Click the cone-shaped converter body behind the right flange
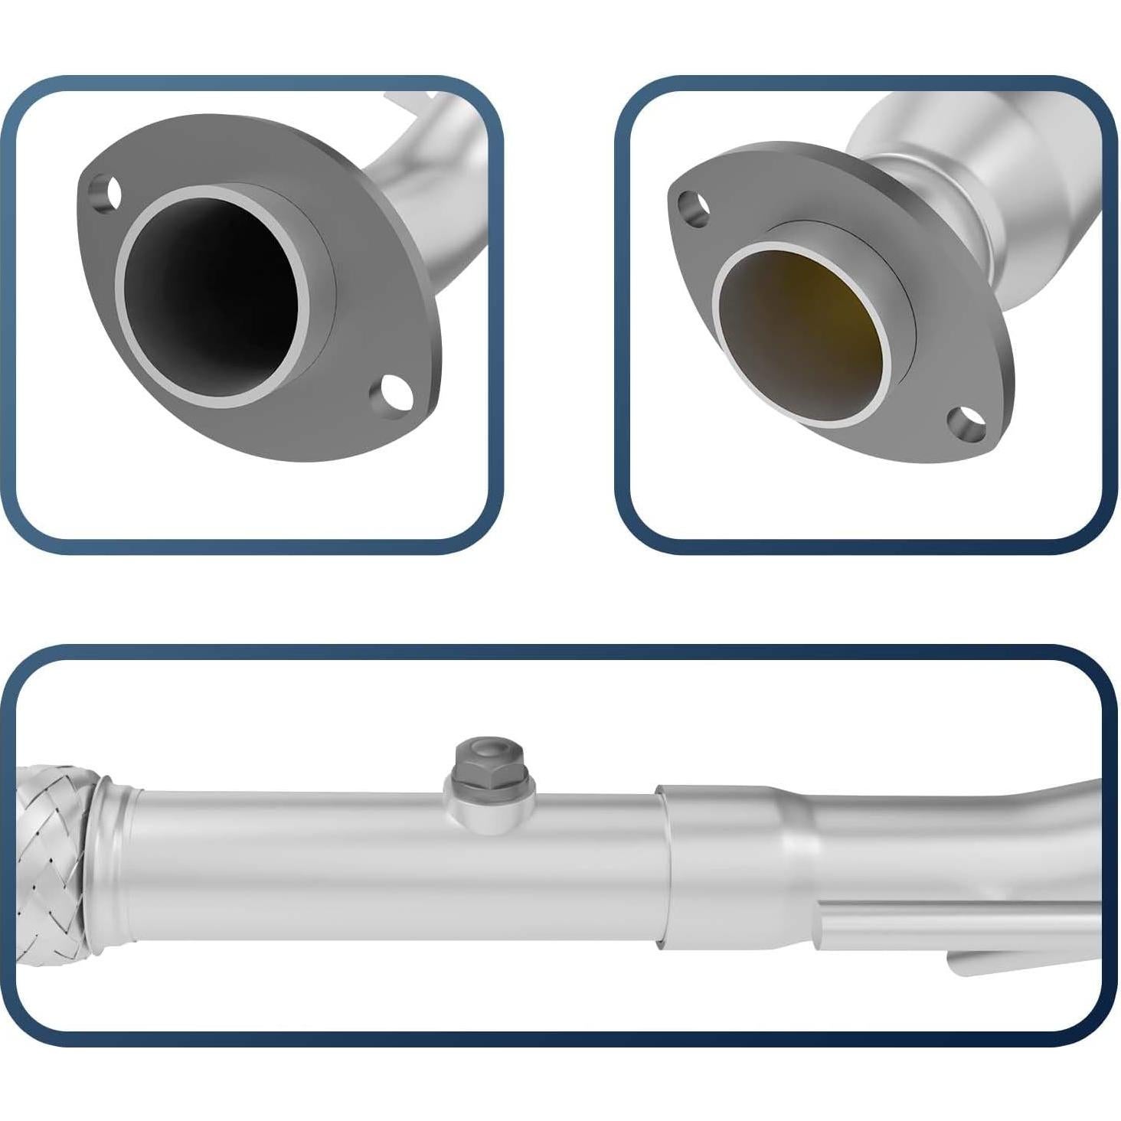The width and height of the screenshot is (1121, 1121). pyautogui.click(x=1026, y=176)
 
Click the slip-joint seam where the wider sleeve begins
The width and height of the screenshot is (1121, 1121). pyautogui.click(x=663, y=865)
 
